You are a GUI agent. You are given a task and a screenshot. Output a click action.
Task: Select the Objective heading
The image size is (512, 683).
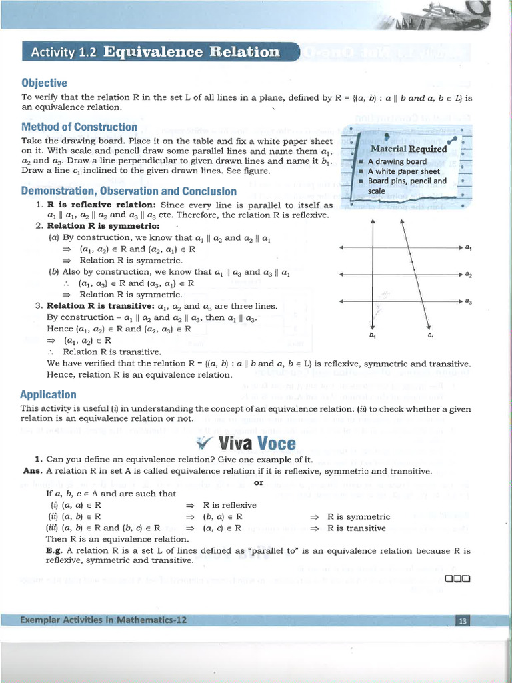(44, 83)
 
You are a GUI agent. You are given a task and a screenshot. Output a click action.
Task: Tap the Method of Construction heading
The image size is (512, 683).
(79, 127)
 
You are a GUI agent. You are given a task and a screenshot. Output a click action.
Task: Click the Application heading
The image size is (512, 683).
(48, 394)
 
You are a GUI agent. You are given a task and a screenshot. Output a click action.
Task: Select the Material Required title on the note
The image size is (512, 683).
(409, 149)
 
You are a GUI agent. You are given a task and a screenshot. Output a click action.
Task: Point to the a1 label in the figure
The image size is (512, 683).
(469, 248)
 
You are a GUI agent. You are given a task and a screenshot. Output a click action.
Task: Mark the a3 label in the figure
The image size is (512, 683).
(469, 301)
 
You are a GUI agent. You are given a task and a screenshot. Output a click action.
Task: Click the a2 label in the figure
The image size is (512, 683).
(469, 275)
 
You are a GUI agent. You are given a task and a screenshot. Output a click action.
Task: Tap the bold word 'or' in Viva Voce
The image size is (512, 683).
(259, 482)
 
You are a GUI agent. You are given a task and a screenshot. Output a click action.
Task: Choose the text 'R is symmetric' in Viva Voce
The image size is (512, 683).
(359, 516)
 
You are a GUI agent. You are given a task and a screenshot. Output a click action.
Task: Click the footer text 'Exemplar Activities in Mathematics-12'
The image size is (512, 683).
(103, 620)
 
